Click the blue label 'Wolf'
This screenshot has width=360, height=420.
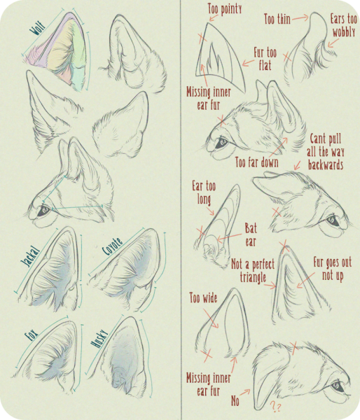(x=38, y=29)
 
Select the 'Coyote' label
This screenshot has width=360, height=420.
(x=113, y=246)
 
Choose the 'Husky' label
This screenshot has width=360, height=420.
(x=99, y=339)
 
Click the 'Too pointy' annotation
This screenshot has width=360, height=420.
(x=225, y=9)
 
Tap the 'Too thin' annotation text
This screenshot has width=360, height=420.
(x=277, y=20)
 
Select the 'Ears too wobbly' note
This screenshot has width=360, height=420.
(x=344, y=25)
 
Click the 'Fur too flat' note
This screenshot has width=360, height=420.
(x=265, y=59)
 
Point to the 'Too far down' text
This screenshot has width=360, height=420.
(x=257, y=162)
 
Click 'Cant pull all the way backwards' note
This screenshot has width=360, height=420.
(x=326, y=152)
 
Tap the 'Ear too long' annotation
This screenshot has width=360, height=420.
(x=204, y=192)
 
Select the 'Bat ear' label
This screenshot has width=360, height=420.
(x=251, y=235)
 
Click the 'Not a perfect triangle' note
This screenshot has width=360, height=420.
(x=253, y=271)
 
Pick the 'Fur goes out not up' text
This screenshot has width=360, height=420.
(x=333, y=269)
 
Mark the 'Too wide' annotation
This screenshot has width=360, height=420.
(x=203, y=298)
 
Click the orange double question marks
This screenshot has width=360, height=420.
(x=275, y=406)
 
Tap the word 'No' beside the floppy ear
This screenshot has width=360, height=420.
(x=235, y=401)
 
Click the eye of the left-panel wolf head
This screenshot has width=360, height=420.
(x=43, y=211)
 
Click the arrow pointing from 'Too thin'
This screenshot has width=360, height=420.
(x=300, y=18)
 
